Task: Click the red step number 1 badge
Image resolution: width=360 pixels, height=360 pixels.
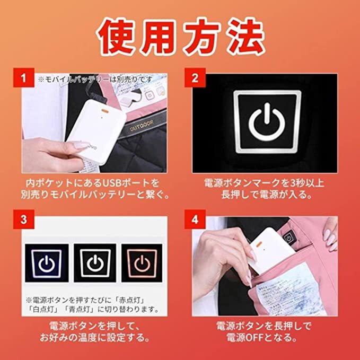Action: pos(24,77)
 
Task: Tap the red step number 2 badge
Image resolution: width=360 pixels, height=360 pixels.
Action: pos(195,77)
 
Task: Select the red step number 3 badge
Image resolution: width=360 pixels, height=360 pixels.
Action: pos(24,219)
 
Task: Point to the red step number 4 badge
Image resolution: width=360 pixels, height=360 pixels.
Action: pos(195,219)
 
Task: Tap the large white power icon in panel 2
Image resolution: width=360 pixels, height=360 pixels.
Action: pos(267,122)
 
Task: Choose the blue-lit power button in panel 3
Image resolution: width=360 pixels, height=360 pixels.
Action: pos(47,263)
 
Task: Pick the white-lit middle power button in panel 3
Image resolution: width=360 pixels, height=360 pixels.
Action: pos(95,263)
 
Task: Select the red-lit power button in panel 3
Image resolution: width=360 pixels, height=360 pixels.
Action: pos(142,263)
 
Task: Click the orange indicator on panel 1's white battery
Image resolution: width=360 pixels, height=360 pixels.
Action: pos(105,111)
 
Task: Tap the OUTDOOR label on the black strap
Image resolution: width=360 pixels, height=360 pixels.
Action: pos(142,126)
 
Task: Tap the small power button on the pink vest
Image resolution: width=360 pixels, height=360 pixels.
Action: pos(288,238)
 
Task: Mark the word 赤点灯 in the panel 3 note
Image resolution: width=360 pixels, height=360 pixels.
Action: pos(130,300)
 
